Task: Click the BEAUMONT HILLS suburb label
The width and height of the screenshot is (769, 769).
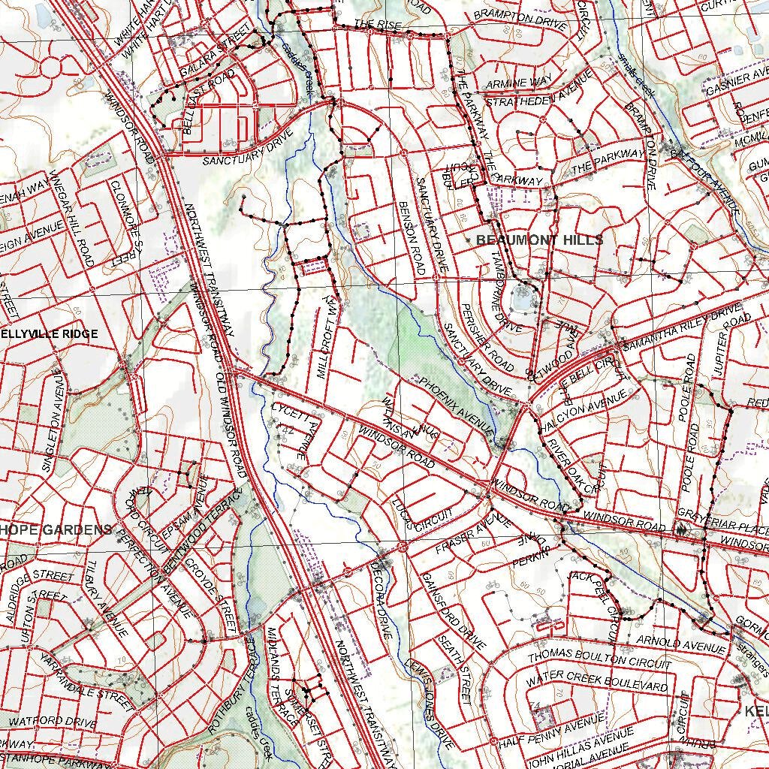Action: [539, 240]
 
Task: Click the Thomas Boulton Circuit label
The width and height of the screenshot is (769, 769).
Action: [599, 659]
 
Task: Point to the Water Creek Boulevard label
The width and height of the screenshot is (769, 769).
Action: [596, 683]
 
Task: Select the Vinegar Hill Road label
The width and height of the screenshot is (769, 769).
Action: [71, 218]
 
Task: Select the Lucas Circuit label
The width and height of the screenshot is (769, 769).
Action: [421, 517]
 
